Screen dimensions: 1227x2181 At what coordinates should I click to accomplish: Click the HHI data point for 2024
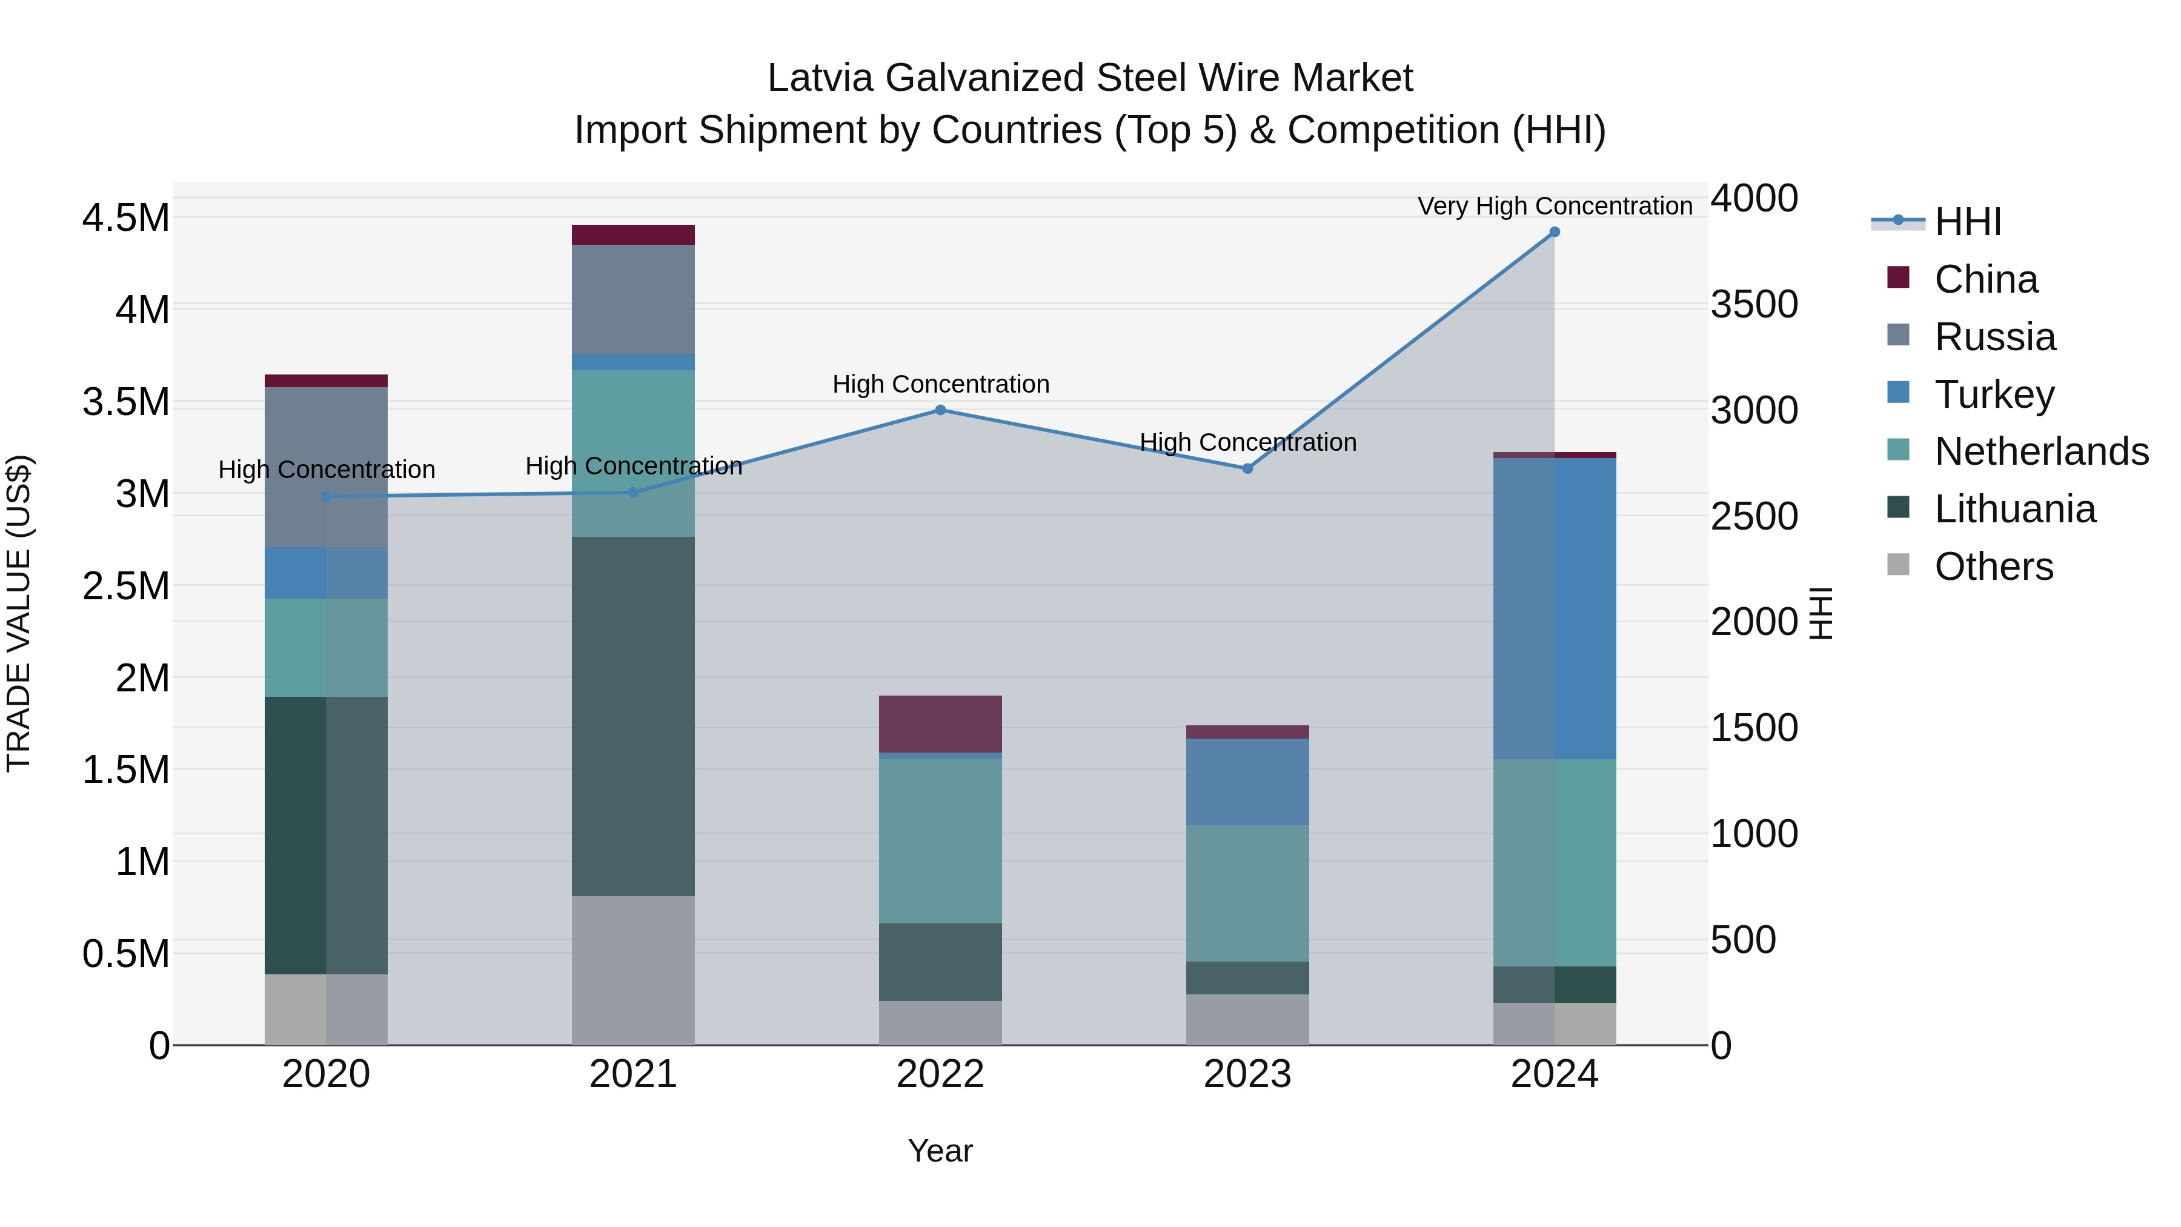pyautogui.click(x=1555, y=232)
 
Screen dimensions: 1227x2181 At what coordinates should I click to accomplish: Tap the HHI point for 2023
pyautogui.click(x=1247, y=468)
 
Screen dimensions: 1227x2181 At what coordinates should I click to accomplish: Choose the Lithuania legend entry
pyautogui.click(x=2014, y=509)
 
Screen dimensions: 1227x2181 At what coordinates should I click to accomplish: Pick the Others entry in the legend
pyautogui.click(x=1993, y=567)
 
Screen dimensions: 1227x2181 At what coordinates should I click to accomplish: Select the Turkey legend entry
pyautogui.click(x=1994, y=394)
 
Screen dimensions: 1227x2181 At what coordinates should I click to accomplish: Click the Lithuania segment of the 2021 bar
pyautogui.click(x=633, y=716)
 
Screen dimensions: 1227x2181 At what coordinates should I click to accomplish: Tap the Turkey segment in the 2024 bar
pyautogui.click(x=1555, y=608)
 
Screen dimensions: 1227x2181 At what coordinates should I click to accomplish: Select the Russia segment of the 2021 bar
pyautogui.click(x=633, y=299)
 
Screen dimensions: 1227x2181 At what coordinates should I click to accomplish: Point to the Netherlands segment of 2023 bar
pyautogui.click(x=1247, y=893)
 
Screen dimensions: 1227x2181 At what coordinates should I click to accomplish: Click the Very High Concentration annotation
pyautogui.click(x=1555, y=206)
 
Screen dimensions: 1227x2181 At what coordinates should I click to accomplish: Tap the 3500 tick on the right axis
pyautogui.click(x=1754, y=305)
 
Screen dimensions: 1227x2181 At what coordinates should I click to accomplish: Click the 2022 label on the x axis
pyautogui.click(x=940, y=1074)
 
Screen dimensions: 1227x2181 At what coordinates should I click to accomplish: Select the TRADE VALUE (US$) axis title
pyautogui.click(x=19, y=613)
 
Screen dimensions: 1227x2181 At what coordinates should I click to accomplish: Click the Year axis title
pyautogui.click(x=940, y=1151)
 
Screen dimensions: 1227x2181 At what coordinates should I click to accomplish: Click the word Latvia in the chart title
pyautogui.click(x=820, y=78)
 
